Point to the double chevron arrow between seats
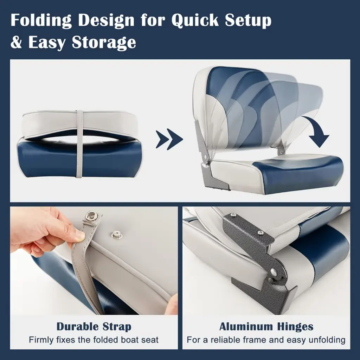tap(169, 139)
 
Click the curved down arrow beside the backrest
tap(316, 131)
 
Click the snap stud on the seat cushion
tap(115, 234)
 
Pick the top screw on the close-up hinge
tap(234, 215)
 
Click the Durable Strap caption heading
tap(94, 327)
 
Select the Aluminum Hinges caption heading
tap(266, 327)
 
